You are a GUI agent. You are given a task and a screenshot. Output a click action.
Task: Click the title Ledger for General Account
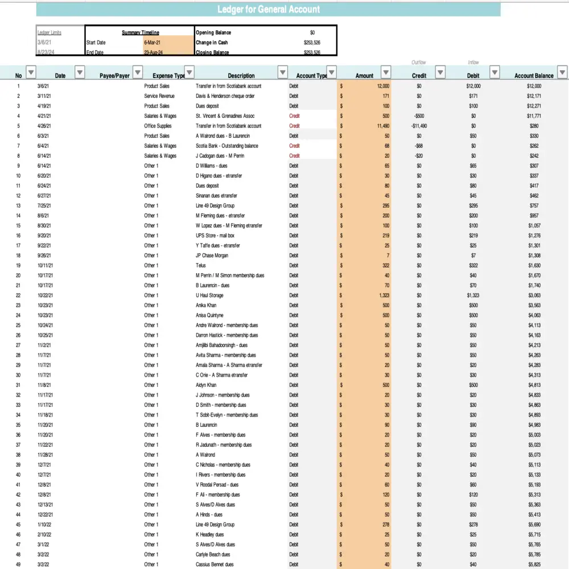[x=268, y=10]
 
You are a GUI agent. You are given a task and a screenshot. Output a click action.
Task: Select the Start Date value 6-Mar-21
[x=155, y=43]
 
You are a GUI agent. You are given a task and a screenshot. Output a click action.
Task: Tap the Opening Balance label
[x=213, y=32]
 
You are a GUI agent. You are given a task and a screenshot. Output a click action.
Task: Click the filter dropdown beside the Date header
[x=80, y=72]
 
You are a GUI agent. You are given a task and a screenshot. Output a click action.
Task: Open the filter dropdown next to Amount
[x=386, y=72]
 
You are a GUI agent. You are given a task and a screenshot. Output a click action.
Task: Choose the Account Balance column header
[x=534, y=76]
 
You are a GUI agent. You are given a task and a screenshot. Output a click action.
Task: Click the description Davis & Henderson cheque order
[x=225, y=96]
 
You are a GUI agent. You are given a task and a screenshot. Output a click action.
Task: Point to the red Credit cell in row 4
[x=294, y=116]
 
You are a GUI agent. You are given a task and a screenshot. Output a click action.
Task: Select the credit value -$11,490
[x=419, y=126]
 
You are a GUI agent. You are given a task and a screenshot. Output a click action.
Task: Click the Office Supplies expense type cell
[x=158, y=126]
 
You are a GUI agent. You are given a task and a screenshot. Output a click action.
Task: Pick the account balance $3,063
[x=534, y=295]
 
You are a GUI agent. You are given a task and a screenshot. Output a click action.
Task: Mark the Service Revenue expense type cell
[x=159, y=96]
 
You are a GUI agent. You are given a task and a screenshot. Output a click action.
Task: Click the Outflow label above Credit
[x=419, y=63]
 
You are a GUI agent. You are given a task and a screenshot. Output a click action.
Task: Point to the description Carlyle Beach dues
[x=213, y=554]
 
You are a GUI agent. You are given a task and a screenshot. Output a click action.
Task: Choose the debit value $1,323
[x=473, y=295]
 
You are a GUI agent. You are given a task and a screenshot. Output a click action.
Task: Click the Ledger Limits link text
[x=50, y=32]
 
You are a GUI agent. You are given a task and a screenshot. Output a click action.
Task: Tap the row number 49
[x=18, y=564]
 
